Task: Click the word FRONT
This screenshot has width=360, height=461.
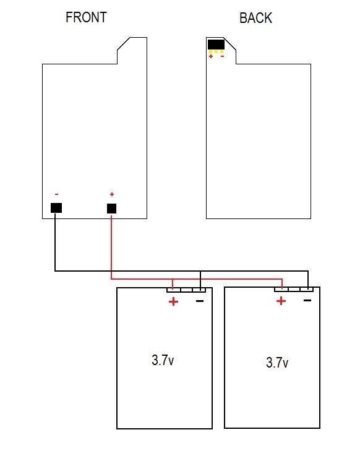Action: point(86,17)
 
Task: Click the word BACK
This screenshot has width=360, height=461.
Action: point(255,18)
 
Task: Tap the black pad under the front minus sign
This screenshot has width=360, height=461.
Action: point(56,208)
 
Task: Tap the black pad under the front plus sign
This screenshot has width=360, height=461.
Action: point(112,209)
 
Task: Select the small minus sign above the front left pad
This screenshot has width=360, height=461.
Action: point(57,194)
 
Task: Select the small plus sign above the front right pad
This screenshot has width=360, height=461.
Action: point(112,194)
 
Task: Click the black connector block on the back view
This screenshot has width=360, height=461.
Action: point(216,45)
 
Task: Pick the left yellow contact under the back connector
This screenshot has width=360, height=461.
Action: point(210,52)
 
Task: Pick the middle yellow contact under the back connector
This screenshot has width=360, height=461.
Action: point(216,52)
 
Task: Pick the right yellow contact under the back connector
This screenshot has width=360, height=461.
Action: point(221,52)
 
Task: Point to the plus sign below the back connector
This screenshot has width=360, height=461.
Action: point(211,56)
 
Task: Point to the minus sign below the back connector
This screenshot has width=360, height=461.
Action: point(222,56)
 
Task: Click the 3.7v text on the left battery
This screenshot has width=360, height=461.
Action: point(163,360)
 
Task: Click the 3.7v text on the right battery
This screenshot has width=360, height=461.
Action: point(277,363)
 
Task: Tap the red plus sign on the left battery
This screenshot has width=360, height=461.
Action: point(173,301)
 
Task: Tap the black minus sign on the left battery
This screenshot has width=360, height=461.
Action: point(200,301)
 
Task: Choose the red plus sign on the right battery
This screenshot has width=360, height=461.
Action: point(281,301)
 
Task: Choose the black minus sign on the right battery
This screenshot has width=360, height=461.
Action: point(307,300)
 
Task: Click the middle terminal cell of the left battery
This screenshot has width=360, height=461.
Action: point(186,290)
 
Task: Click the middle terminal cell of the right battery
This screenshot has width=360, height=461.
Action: point(294,290)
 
